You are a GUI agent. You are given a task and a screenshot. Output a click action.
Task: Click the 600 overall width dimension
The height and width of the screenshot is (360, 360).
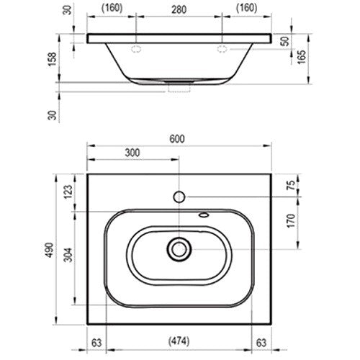coord(177,139)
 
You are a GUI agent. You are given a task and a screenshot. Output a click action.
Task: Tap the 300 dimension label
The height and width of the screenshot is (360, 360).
coord(132,153)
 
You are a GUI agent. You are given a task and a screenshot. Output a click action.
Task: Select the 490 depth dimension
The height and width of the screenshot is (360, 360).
coord(50,250)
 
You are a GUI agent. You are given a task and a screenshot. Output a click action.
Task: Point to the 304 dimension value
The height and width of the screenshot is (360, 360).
coord(68,255)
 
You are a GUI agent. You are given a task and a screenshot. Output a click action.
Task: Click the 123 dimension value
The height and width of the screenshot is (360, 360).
coord(68,192)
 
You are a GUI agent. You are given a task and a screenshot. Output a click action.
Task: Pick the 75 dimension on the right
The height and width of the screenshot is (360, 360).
coord(291,185)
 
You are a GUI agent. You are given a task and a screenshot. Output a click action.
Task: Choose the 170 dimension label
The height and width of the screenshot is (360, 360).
coord(291,220)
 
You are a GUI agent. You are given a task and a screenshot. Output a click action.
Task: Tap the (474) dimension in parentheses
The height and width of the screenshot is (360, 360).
coord(179,341)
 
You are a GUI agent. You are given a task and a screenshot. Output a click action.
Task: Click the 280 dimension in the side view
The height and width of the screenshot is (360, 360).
coord(179,10)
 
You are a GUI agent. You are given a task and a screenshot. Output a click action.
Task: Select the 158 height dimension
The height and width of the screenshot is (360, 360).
coord(53,59)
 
